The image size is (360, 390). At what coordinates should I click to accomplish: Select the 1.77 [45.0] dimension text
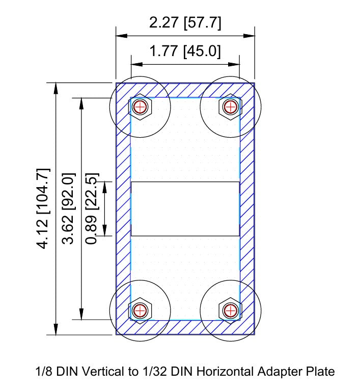tap(185, 51)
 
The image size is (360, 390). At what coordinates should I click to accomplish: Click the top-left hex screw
tap(140, 107)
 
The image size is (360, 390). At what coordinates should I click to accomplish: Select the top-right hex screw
tap(230, 107)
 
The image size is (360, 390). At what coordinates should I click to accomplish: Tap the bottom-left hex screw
tap(140, 309)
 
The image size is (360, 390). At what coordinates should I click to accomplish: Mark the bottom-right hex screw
tap(230, 309)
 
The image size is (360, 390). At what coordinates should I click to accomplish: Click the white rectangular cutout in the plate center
tap(185, 209)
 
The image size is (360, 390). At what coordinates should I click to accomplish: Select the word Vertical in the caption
tap(102, 372)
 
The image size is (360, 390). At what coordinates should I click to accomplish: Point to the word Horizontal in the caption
tap(223, 372)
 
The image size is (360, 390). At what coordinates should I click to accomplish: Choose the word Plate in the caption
tap(321, 372)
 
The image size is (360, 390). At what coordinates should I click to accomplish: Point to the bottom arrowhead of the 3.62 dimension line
tap(80, 316)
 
